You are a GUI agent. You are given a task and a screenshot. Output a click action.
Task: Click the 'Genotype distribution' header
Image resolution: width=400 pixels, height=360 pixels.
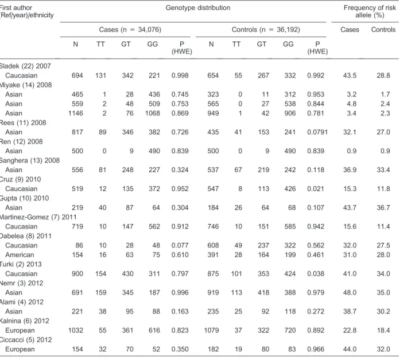[198, 8]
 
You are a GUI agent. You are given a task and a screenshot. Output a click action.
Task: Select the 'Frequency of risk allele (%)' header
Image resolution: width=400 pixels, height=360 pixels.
[370, 11]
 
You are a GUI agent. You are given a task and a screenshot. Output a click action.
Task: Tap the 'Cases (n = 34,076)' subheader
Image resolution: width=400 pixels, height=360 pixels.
[130, 30]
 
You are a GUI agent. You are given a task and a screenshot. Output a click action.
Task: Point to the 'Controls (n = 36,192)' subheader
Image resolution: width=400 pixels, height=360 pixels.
[266, 30]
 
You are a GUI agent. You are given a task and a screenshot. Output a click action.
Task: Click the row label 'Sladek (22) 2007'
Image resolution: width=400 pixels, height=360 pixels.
[25, 66]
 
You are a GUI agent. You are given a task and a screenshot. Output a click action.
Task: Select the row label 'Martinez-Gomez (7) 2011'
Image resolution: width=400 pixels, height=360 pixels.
[38, 217]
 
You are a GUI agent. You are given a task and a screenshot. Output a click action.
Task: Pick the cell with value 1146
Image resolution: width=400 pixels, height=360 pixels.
[76, 113]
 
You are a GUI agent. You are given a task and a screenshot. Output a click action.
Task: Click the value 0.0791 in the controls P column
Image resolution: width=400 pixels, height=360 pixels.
[317, 132]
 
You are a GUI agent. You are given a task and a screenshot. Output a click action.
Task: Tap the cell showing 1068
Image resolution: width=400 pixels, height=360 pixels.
[153, 113]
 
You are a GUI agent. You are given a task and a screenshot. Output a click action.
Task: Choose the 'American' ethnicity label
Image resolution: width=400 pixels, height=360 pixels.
[20, 255]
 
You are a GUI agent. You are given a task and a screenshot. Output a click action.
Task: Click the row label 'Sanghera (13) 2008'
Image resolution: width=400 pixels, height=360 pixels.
[30, 161]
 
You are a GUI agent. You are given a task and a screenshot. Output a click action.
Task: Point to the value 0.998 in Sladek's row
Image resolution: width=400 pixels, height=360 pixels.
[180, 76]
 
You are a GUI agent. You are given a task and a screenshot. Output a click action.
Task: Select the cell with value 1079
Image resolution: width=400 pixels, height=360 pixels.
[212, 330]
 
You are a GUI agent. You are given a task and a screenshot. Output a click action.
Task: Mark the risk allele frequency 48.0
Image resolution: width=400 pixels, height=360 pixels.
[349, 293]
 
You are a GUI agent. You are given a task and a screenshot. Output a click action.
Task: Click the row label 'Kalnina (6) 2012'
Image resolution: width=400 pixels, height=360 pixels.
[25, 321]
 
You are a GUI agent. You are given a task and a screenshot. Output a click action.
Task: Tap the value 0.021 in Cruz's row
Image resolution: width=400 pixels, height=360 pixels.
[316, 189]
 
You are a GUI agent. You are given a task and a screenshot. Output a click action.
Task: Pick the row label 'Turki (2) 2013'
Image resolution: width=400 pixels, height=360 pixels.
[21, 264]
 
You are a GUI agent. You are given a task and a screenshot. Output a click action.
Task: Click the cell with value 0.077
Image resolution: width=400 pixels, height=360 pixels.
[180, 245]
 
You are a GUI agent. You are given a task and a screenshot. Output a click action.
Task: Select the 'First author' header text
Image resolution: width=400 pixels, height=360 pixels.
[16, 8]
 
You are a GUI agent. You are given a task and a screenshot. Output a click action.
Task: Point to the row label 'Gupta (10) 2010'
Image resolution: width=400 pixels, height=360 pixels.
[24, 198]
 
